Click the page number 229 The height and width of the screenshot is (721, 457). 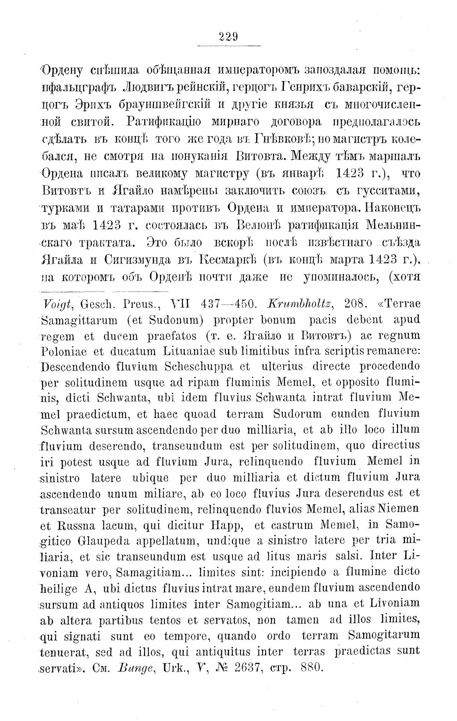pyautogui.click(x=229, y=37)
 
